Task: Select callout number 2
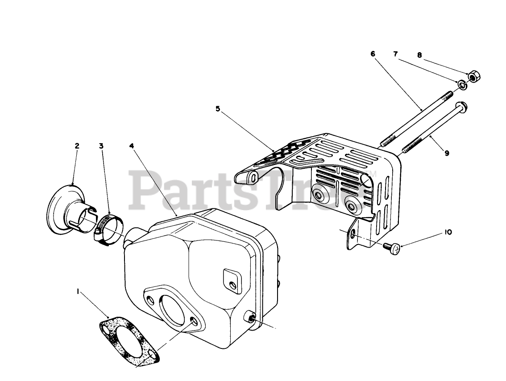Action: [x=77, y=145]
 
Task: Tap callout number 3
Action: [x=101, y=145]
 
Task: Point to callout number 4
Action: [x=132, y=145]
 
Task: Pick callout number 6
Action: [x=373, y=54]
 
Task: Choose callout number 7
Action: [x=395, y=54]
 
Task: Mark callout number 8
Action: [x=419, y=55]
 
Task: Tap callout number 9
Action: [x=447, y=153]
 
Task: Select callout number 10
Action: [x=448, y=232]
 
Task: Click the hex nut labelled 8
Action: [x=473, y=76]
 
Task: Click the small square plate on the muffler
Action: [x=230, y=280]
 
